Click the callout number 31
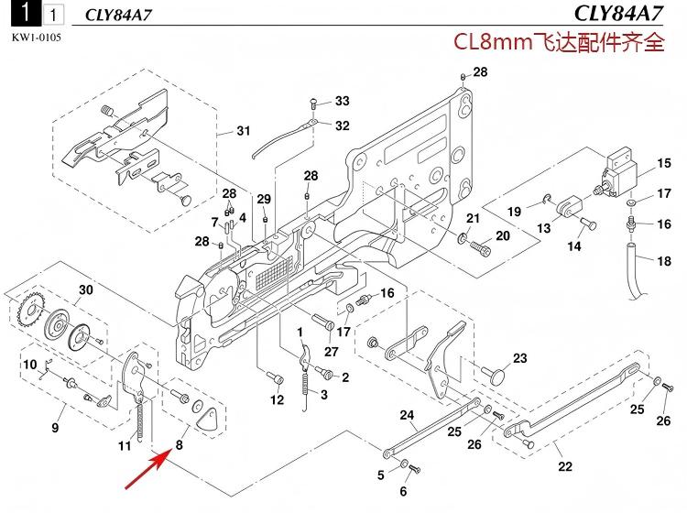(x=243, y=131)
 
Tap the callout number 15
(x=663, y=165)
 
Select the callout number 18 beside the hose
(x=664, y=261)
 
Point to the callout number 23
(x=519, y=358)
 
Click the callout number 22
(x=565, y=466)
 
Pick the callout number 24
(x=407, y=415)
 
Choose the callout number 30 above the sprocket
(x=85, y=289)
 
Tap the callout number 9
(x=55, y=428)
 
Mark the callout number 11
(x=125, y=446)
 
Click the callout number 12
(x=277, y=400)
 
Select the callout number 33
(x=342, y=100)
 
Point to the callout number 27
(x=331, y=351)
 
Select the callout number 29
(x=264, y=200)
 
